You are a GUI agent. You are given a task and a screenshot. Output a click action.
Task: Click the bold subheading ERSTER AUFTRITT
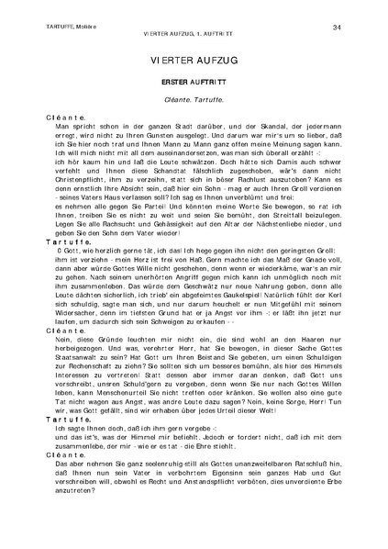(194, 82)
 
